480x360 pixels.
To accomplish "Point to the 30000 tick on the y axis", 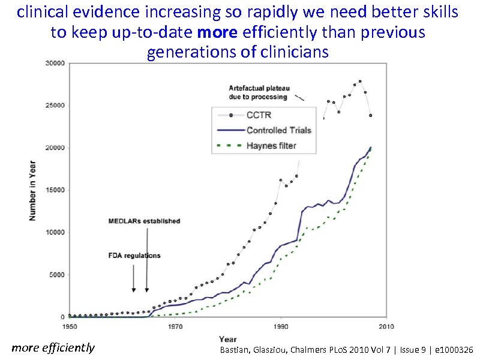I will pyautogui.click(x=56, y=64).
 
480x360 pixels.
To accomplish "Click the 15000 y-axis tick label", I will pyautogui.click(x=56, y=190).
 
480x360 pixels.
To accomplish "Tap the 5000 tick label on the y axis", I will pyautogui.click(x=58, y=275).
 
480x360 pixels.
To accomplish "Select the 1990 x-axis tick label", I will pyautogui.click(x=280, y=326).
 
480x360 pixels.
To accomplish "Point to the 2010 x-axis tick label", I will pyautogui.click(x=386, y=326).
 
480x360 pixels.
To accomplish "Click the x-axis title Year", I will pyautogui.click(x=227, y=339).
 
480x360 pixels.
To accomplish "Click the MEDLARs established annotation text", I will pyautogui.click(x=144, y=221).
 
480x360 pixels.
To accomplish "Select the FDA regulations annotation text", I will pyautogui.click(x=134, y=255).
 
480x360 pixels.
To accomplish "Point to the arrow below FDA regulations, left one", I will pyautogui.click(x=134, y=279).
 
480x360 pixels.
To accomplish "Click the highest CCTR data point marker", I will pyautogui.click(x=360, y=81).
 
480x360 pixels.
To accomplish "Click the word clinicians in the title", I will pyautogui.click(x=295, y=52).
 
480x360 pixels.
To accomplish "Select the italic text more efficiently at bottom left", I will pyautogui.click(x=53, y=347).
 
